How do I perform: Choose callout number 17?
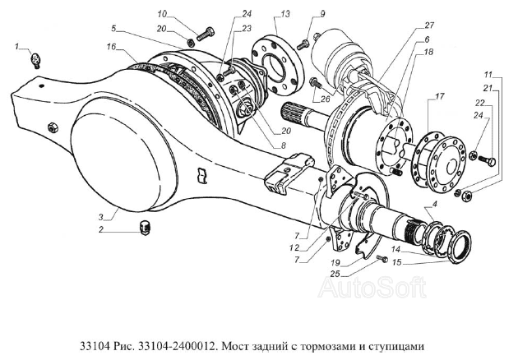coord(441,97)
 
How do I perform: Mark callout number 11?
coord(489,75)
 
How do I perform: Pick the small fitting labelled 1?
coord(36,59)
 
